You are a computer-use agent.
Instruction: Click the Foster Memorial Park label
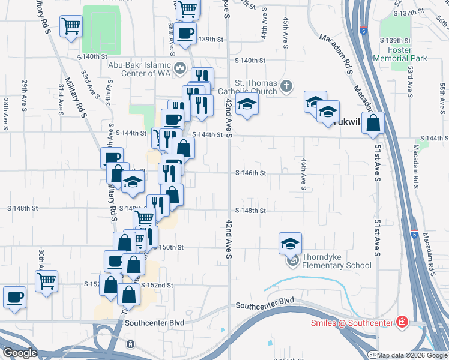[x=399, y=53]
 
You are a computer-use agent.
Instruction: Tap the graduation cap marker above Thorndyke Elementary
[x=290, y=243]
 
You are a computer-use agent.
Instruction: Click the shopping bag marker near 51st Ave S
[x=373, y=123]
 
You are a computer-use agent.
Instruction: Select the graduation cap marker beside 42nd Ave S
[x=246, y=104]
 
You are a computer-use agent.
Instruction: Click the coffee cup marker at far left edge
[x=14, y=297]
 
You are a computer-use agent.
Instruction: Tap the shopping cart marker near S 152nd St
[x=46, y=280]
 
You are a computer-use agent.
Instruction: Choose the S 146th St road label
[x=250, y=173]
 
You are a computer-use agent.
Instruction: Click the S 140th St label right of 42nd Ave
[x=250, y=61]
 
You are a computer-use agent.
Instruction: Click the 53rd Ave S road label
[x=409, y=81]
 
